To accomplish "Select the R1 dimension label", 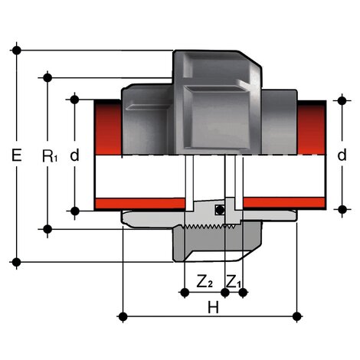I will point(49,156).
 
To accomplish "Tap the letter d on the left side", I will point(74,155).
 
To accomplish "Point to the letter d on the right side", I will point(341,155).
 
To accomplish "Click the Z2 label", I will point(205,282).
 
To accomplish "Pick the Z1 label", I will point(235,282).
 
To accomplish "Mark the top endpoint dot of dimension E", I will point(17,51).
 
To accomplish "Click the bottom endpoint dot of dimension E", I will point(17,263).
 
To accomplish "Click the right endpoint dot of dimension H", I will point(296,315).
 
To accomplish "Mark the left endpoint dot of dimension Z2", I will point(184,292).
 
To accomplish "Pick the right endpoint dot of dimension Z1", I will point(244,292).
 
